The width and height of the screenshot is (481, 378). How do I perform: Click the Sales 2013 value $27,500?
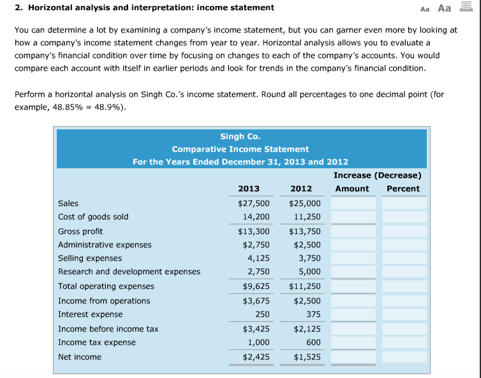tap(253, 203)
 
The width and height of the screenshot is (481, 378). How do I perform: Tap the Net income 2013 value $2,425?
tap(256, 357)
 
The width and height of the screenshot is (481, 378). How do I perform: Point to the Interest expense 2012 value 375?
tap(313, 314)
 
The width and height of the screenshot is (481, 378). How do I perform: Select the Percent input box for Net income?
tap(404, 357)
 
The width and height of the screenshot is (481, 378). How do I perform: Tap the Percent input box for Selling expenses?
tap(404, 259)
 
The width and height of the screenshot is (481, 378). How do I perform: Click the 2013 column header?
tap(249, 189)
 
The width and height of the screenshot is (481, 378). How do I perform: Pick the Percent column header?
tap(403, 189)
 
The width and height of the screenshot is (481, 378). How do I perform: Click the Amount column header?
tap(352, 189)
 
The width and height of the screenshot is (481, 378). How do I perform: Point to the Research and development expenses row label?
tap(129, 272)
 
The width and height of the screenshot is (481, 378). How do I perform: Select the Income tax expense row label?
tap(97, 342)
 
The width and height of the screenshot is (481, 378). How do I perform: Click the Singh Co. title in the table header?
tap(240, 136)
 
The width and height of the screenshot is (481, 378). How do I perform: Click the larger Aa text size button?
tap(445, 8)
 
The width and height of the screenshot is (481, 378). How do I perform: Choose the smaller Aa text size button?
tap(426, 8)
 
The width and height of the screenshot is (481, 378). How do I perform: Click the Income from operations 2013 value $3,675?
tap(256, 301)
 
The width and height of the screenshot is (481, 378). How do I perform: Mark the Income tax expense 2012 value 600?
tap(313, 342)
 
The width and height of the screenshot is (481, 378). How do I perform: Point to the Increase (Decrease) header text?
tap(377, 175)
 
